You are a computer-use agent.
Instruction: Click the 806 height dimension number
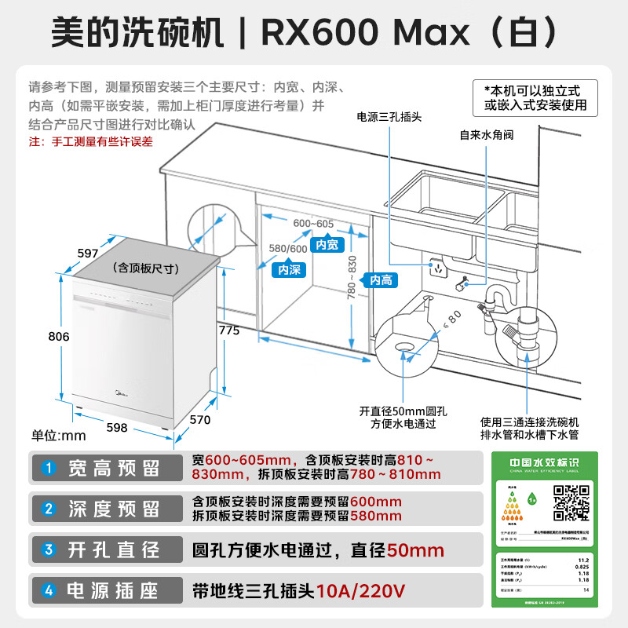[x=59, y=336]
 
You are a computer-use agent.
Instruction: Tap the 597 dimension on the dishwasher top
[x=88, y=253]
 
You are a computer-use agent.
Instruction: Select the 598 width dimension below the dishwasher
[x=116, y=428]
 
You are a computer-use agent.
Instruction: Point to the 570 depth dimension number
[x=201, y=420]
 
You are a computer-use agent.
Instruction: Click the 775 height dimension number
[x=229, y=330]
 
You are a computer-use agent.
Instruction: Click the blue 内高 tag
[x=381, y=280]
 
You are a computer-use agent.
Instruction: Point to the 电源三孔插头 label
[x=389, y=117]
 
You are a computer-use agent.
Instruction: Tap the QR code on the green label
[x=571, y=503]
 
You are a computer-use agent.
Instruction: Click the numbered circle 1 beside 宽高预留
[x=49, y=469]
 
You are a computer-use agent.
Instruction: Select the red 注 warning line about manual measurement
[x=91, y=142]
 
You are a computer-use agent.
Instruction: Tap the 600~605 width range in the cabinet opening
[x=313, y=223]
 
